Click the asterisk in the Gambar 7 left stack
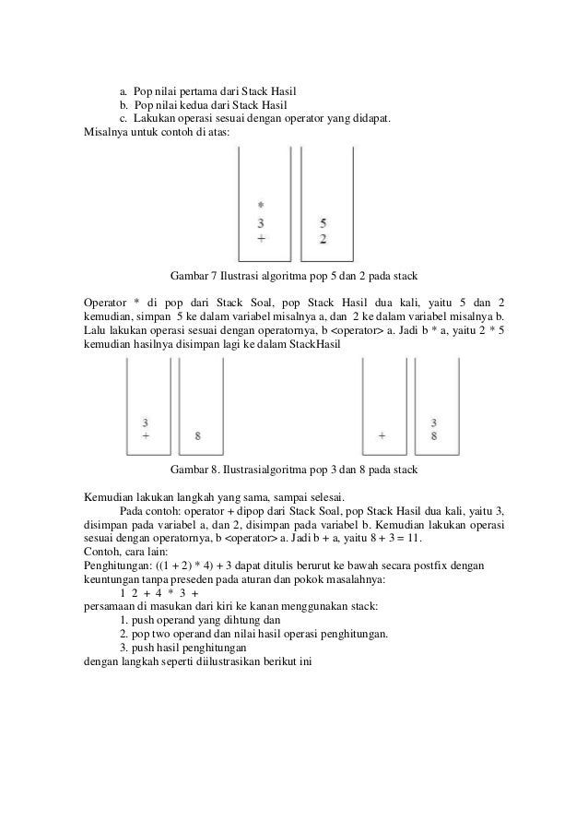pos(261,205)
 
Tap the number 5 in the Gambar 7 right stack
pos(323,222)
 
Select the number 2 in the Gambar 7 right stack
pos(323,239)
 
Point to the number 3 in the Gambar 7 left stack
pos(261,222)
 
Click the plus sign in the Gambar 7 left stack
pos(261,238)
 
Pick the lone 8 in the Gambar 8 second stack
pos(199,434)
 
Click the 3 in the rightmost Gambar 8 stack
pos(434,422)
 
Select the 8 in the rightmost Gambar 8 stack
pos(434,435)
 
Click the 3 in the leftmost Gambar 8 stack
pos(146,422)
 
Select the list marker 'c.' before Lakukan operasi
pos(124,119)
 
